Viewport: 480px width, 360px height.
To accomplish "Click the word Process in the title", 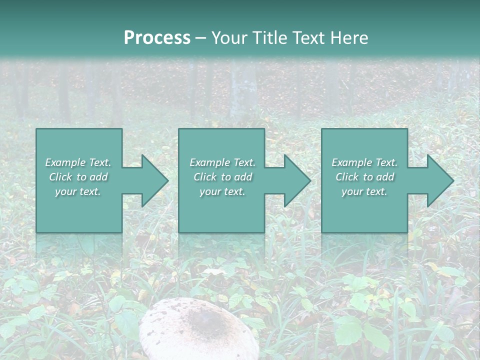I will [x=157, y=38].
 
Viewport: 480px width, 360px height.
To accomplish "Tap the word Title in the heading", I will [x=269, y=38].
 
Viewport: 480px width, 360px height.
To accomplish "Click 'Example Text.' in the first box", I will [x=78, y=162].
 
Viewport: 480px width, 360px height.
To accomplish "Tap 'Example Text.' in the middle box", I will [x=222, y=162].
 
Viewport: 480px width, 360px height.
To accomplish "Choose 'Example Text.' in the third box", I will [x=364, y=162].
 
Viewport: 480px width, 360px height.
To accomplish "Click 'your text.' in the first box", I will [x=78, y=191].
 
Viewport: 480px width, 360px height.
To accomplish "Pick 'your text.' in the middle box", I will [x=222, y=191].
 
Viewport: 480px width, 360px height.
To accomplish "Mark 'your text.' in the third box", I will [x=364, y=191].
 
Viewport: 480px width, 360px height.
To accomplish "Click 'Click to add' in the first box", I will [x=78, y=177].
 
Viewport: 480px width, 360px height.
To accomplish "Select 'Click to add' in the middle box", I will [x=222, y=177].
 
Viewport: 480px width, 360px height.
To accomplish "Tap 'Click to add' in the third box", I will [x=364, y=177].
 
